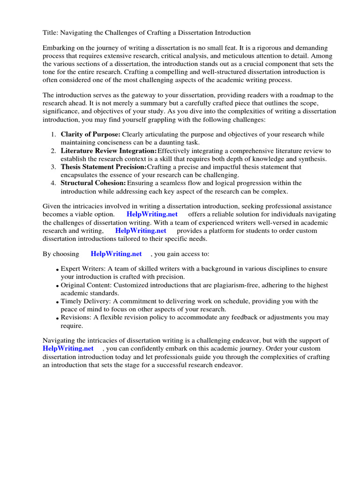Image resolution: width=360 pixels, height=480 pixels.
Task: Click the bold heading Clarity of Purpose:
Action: (90, 135)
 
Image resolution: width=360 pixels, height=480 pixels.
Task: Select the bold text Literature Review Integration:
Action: (109, 151)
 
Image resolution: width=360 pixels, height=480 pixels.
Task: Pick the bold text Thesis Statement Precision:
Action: (104, 167)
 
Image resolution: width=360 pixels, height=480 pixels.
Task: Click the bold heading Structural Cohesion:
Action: (93, 183)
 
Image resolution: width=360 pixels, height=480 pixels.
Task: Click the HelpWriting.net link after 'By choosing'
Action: (116, 254)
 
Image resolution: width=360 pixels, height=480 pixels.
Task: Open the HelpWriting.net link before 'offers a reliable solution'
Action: (152, 214)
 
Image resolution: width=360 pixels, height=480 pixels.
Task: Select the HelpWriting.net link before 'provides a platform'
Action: (141, 231)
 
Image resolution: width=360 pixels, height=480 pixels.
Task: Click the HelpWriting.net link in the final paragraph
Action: (68, 348)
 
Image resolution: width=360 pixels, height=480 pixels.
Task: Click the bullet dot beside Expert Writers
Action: (57, 270)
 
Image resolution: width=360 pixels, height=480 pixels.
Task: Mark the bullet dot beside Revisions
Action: (57, 319)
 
